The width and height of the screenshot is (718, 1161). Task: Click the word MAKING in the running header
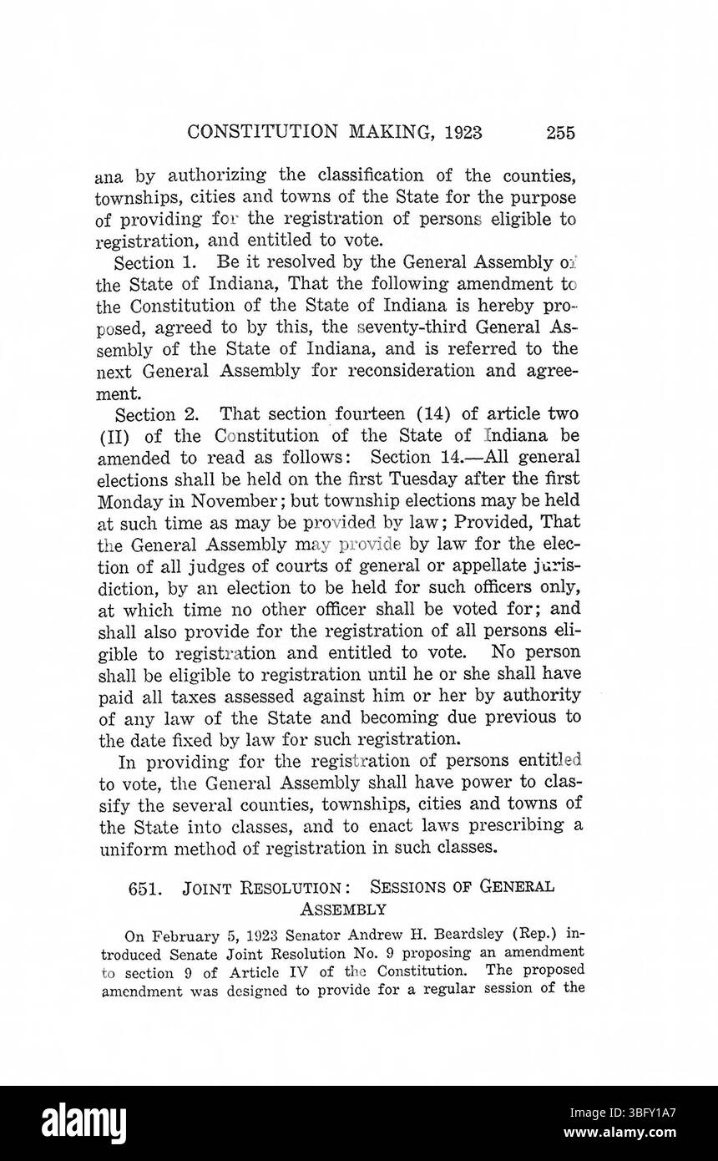pyautogui.click(x=391, y=132)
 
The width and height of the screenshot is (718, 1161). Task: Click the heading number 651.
pyautogui.click(x=144, y=888)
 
